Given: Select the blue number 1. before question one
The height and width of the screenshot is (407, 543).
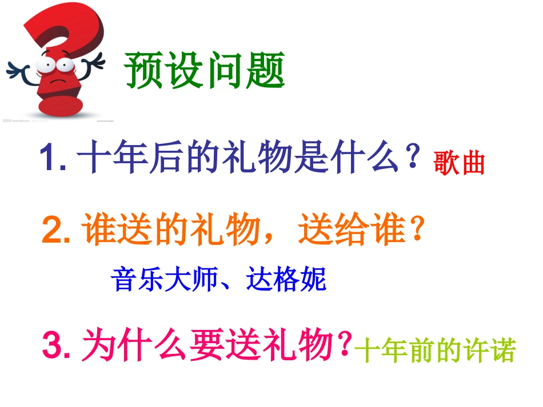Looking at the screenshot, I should click(53, 158).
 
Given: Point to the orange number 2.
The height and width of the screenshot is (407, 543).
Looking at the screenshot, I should click(55, 231).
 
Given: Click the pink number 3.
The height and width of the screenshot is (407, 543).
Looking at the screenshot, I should click(56, 346).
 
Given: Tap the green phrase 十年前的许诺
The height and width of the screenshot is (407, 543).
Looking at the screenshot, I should click(435, 351).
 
